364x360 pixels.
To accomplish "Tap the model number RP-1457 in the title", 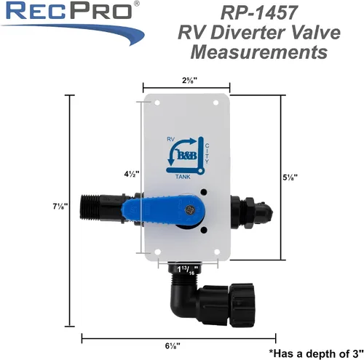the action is point(258,13).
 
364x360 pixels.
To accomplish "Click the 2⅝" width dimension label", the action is point(189,80).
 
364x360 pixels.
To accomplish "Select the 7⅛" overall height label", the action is point(60,207).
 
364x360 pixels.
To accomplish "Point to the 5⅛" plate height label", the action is point(290,177).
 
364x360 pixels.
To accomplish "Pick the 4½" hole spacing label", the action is point(132,174).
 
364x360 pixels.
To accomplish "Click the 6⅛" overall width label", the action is point(173,345).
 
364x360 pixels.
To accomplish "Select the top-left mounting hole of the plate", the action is point(157,103).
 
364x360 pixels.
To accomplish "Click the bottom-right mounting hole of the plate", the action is point(217,252).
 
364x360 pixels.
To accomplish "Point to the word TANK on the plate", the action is point(183,177).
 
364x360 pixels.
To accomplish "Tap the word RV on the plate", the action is point(171,139).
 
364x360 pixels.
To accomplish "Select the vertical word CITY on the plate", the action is point(207,153).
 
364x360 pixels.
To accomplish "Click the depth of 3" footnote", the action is point(316,353).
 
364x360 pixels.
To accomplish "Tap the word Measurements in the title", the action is point(259,52).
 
